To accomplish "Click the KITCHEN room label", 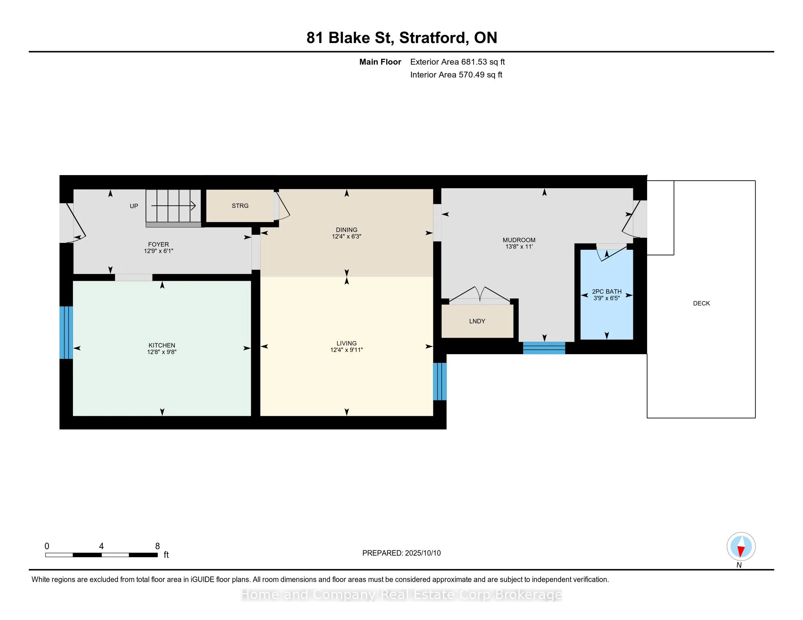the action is point(162,345).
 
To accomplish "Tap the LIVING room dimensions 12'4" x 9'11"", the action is point(346,350).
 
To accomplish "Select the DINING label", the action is point(346,230).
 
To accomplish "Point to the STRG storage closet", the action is point(240,206).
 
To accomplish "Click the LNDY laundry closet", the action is point(477,321).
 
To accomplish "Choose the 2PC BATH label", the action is point(607,292).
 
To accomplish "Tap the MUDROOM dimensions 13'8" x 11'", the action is point(519,247).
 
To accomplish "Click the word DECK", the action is point(702,303).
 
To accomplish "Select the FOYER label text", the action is point(158,245).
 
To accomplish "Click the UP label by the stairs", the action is point(134,206).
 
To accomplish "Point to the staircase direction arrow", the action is point(173,206).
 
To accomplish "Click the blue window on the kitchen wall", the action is point(66,332).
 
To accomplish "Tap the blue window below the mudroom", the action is point(544,348).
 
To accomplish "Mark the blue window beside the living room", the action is point(440,381).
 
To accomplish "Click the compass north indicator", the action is point(741,547).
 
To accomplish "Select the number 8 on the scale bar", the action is point(157,546).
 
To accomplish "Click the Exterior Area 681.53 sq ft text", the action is point(457,62).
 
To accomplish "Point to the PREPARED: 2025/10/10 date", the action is point(401,553).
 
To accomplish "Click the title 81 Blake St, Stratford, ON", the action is point(402,38).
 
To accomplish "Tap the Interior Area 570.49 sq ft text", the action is point(456,75).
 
